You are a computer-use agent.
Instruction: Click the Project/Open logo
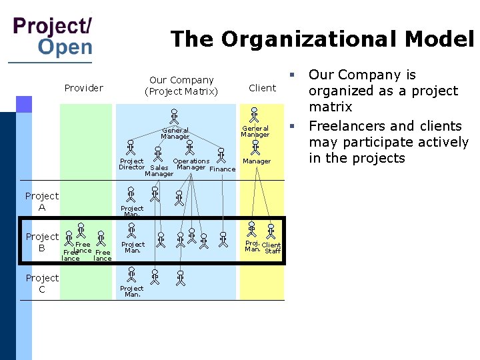pos(53,37)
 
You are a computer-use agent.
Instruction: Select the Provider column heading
pos(83,88)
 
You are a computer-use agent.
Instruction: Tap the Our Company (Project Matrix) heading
pos(181,85)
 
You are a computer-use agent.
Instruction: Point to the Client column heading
pos(262,88)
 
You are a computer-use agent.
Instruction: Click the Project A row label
pos(42,201)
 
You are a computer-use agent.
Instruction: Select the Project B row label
pos(42,242)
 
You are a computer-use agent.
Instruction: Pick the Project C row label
pos(42,283)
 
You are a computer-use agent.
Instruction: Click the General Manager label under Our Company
pos(175,133)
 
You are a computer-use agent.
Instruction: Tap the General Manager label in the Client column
pos(255,131)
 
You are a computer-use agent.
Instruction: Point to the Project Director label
pos(131,164)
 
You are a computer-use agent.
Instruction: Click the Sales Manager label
pos(159,171)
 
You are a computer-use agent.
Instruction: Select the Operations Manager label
pos(191,164)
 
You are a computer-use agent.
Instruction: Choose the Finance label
pos(223,169)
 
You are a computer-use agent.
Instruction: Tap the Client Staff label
pos(272,248)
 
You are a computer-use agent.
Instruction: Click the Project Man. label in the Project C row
pos(133,291)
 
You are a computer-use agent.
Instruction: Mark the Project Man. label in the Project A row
pos(132,211)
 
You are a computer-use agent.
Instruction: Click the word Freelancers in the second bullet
pos(347,126)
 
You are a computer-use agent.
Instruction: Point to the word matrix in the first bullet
pos(330,107)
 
